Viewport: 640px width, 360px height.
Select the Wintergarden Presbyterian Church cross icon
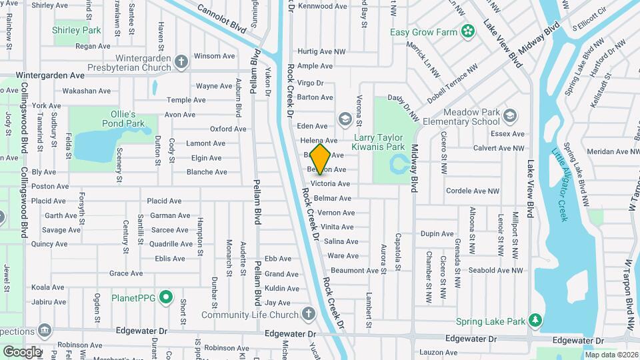pyautogui.click(x=181, y=63)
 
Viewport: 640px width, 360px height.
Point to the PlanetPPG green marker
pyautogui.click(x=167, y=297)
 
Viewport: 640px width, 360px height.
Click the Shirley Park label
pyautogui.click(x=77, y=30)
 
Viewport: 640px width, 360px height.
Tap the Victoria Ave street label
pyautogui.click(x=330, y=184)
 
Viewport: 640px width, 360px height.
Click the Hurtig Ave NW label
pyautogui.click(x=322, y=51)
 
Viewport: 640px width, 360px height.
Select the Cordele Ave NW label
pyautogui.click(x=473, y=191)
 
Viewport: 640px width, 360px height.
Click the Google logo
pyautogui.click(x=22, y=351)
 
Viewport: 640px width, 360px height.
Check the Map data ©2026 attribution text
pyautogui.click(x=611, y=355)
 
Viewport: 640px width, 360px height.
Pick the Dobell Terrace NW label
pyautogui.click(x=453, y=79)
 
